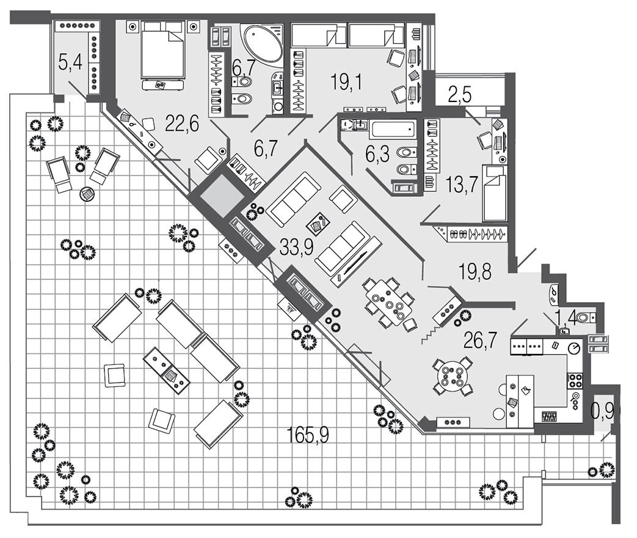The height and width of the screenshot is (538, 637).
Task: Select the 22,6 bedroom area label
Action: coord(182,124)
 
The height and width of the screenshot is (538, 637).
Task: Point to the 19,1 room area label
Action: coord(346,81)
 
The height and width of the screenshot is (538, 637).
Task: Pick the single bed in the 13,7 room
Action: coord(495,193)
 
